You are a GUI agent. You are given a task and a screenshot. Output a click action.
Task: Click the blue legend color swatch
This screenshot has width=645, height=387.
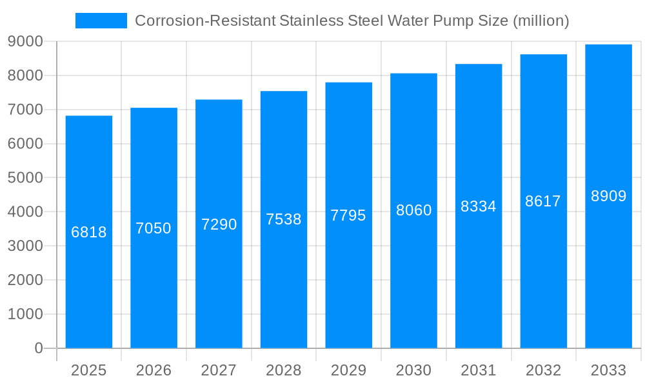[x=101, y=21]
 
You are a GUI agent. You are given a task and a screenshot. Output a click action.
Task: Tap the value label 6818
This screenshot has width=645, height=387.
[x=89, y=232]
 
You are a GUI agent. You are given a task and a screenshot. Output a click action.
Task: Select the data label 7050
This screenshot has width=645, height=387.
[x=154, y=228]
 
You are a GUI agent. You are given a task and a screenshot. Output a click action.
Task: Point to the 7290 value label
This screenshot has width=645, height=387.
[x=219, y=224]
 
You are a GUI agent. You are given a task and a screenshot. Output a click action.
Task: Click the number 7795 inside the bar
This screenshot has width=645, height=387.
[x=348, y=215]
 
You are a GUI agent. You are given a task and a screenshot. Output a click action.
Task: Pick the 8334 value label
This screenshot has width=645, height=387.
[x=479, y=206]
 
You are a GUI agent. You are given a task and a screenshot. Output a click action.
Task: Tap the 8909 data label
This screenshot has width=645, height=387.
[x=609, y=196]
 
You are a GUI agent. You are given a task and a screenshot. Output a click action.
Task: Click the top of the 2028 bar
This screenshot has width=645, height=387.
[x=284, y=92]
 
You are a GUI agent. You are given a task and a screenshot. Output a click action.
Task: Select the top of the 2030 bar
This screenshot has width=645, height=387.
[x=413, y=74]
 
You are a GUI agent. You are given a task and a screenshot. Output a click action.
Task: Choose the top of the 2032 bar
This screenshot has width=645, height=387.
[x=544, y=55]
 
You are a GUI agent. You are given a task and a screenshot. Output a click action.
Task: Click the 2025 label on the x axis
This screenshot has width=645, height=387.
[x=89, y=370]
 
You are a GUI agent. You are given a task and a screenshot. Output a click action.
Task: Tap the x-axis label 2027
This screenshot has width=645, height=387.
[x=219, y=370]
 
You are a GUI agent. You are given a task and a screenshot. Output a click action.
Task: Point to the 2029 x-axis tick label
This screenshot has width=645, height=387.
[x=348, y=370]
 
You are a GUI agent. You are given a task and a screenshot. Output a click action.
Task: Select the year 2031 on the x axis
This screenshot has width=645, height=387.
[x=479, y=370]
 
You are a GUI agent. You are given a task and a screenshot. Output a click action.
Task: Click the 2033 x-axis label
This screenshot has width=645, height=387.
[x=608, y=370]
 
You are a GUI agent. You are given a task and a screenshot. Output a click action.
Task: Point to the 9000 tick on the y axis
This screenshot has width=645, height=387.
[x=25, y=42]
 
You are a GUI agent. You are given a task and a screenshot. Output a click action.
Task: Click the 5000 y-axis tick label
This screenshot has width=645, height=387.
[x=25, y=178]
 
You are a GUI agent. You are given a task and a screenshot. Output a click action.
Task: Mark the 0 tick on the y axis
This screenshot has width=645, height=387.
[x=38, y=348]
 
